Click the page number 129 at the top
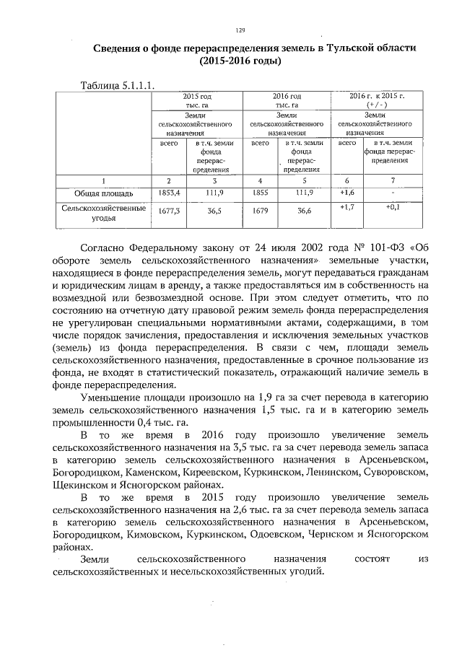(241, 30)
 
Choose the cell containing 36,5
(214, 212)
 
